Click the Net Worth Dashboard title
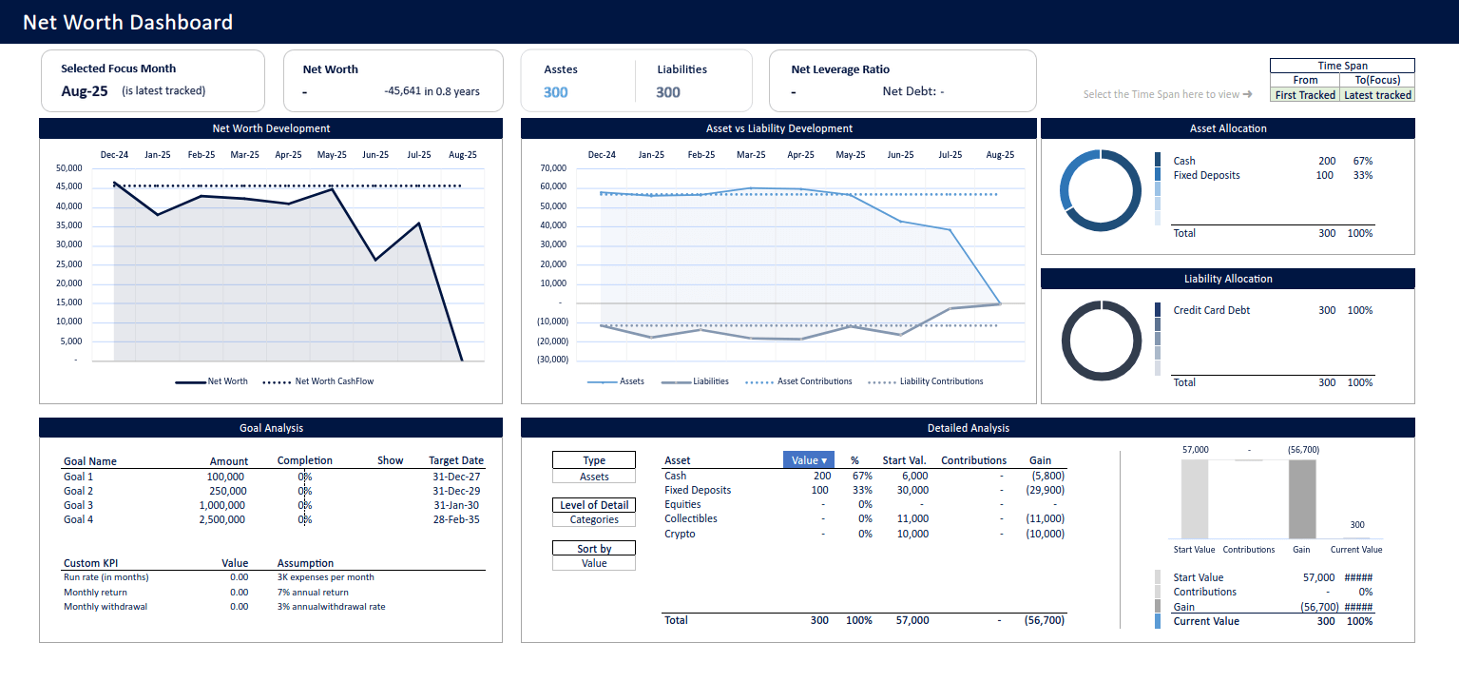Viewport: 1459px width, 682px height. click(x=127, y=22)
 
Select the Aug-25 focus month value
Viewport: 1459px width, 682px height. click(x=85, y=91)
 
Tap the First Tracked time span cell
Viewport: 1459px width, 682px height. click(x=1305, y=95)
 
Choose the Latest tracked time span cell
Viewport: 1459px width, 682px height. click(x=1377, y=95)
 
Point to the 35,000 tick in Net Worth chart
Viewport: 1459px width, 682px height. click(x=70, y=225)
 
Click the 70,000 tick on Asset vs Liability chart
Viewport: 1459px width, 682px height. click(x=552, y=168)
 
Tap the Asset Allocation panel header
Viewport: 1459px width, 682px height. click(x=1227, y=128)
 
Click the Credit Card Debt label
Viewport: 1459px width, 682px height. click(x=1211, y=310)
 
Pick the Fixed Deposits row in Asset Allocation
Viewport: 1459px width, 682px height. click(x=1206, y=175)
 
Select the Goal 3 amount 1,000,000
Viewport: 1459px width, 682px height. click(x=221, y=505)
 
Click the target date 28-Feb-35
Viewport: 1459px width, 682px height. click(x=457, y=519)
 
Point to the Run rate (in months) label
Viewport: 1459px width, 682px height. click(x=106, y=577)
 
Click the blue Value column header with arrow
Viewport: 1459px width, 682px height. click(x=809, y=460)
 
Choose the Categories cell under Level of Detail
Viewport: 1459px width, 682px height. click(x=594, y=519)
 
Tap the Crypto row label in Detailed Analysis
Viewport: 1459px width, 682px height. click(x=680, y=534)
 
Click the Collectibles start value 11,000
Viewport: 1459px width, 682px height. click(x=912, y=518)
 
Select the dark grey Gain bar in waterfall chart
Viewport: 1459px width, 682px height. click(x=1302, y=499)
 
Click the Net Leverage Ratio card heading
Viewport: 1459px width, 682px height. click(x=840, y=69)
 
